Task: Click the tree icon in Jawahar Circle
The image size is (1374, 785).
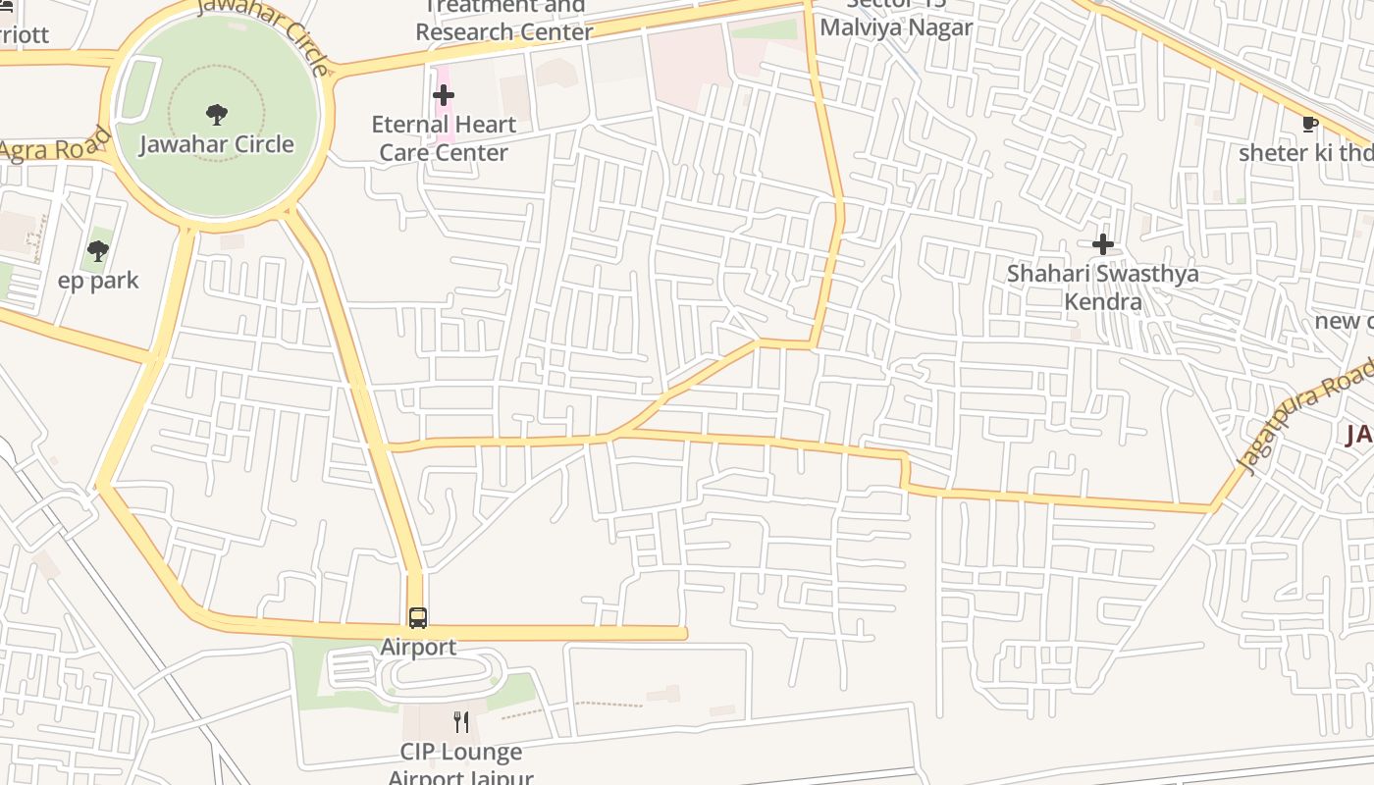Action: pos(217,114)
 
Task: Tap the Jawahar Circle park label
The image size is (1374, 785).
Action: pos(217,144)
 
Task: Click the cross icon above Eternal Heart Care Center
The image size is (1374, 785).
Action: pos(444,95)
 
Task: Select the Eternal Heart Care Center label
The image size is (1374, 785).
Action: pos(444,138)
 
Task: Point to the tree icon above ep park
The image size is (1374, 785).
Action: pos(98,251)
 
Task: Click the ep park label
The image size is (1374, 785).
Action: pos(98,281)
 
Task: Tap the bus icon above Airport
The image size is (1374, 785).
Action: pos(418,617)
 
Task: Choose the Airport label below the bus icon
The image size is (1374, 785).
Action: pos(418,647)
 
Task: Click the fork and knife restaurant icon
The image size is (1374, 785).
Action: pos(461,722)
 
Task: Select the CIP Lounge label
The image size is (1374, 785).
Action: pos(460,752)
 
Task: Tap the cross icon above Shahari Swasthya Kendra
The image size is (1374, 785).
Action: pos(1103,243)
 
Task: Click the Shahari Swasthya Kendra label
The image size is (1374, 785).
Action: pos(1103,287)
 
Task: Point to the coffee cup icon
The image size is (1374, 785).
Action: pos(1308,124)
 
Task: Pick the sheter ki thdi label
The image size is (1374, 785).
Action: pos(1305,153)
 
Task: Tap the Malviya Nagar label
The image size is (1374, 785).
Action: pos(896,26)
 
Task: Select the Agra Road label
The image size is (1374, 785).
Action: pos(54,148)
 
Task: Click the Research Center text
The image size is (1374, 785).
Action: pos(504,31)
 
